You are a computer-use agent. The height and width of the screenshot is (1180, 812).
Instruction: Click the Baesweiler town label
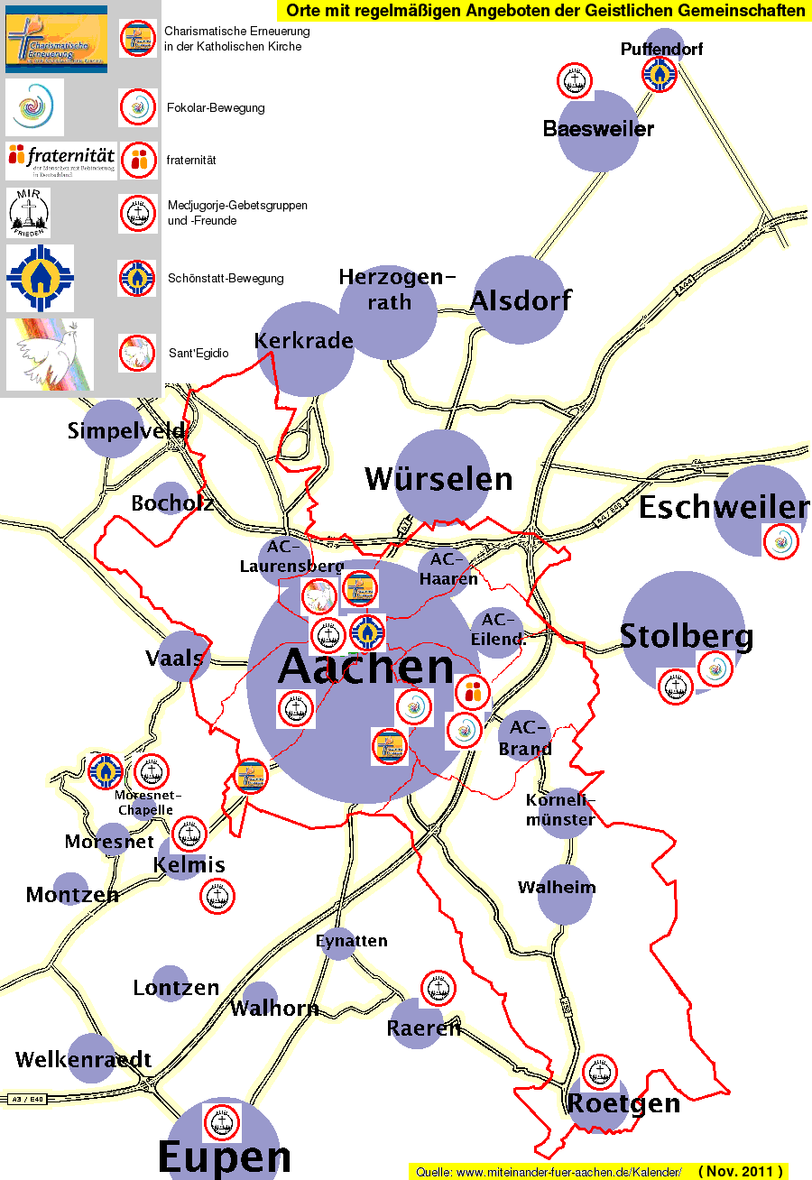click(598, 129)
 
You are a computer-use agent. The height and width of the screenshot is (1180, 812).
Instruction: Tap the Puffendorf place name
click(661, 49)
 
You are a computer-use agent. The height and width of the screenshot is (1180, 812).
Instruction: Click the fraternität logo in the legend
click(60, 161)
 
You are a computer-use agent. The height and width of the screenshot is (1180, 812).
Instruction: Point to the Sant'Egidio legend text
click(198, 353)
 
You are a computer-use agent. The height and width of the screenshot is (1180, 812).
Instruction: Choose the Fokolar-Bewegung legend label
click(216, 108)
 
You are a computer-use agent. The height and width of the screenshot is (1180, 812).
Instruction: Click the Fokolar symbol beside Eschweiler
click(781, 542)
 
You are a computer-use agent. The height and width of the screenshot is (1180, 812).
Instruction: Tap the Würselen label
click(438, 479)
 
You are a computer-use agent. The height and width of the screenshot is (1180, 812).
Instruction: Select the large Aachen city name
click(365, 668)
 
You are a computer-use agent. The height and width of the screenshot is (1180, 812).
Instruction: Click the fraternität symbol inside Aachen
click(472, 693)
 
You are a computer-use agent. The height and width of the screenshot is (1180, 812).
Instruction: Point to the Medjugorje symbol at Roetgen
click(599, 1072)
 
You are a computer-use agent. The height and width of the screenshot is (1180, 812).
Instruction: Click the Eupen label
click(224, 1157)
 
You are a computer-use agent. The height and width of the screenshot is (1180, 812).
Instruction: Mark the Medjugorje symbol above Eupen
click(222, 1122)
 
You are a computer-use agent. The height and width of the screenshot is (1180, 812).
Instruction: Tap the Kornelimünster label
click(560, 809)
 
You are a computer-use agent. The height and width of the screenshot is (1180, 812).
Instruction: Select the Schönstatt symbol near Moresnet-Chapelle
click(106, 771)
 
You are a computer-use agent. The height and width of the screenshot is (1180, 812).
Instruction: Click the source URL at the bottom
click(549, 1171)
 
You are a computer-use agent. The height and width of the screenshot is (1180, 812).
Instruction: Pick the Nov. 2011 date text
click(740, 1171)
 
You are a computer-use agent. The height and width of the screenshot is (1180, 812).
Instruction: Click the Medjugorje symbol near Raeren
click(438, 989)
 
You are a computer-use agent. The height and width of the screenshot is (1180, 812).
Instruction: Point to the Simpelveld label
click(126, 431)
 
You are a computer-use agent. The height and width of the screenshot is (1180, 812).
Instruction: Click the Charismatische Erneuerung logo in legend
click(56, 39)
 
